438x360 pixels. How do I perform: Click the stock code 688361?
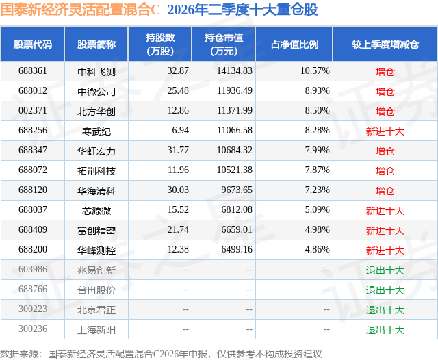coord(33,71)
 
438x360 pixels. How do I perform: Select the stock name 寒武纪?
coord(96,131)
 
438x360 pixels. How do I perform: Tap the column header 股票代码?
coord(33,44)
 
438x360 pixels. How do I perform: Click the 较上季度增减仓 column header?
coord(385,44)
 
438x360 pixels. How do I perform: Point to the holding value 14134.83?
coord(235,71)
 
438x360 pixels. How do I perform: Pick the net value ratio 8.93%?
coord(318,91)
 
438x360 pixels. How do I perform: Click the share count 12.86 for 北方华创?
coord(178,111)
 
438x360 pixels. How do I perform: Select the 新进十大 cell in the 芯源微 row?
coord(385,211)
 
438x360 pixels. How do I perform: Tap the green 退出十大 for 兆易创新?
coord(385,270)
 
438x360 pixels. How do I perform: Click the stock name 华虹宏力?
coord(96,151)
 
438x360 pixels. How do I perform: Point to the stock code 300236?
coord(33,329)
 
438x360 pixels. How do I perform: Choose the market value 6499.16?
coord(237,249)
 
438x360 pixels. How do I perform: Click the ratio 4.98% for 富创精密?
coord(318,229)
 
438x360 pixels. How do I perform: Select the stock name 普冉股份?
coord(96,290)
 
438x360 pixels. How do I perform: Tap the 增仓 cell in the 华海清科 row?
coord(385,191)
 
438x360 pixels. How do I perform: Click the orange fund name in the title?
coord(80,10)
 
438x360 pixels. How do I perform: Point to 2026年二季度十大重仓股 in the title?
coord(243,10)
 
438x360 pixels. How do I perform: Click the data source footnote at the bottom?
coord(161,354)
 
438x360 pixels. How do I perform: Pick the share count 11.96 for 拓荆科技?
coord(178,170)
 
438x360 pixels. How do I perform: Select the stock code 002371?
coord(33,111)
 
